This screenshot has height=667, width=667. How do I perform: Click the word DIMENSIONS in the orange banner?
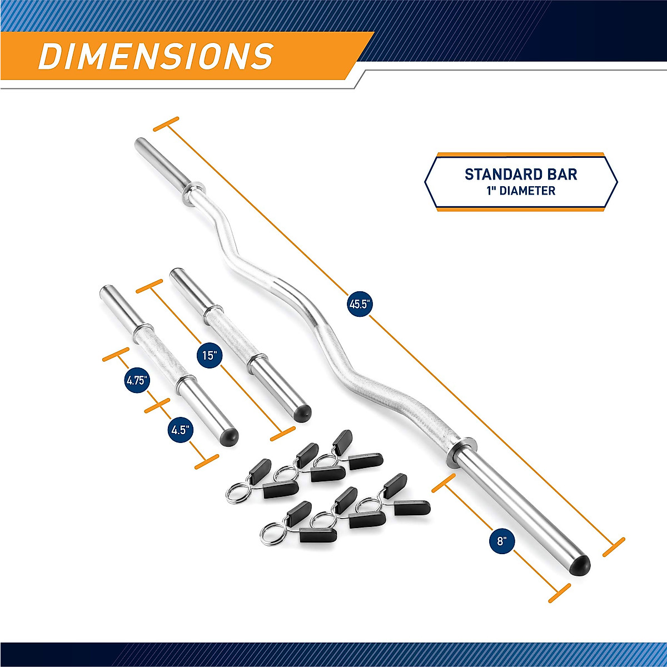156,56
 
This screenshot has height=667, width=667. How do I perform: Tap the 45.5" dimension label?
359,304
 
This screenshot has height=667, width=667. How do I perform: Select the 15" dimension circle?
208,355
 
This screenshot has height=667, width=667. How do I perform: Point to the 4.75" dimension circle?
136,381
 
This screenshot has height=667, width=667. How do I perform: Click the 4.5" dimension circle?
181,430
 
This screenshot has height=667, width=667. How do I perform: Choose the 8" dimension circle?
502,541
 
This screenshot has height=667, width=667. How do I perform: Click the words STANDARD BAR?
521,175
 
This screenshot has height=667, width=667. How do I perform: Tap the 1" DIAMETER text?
521,191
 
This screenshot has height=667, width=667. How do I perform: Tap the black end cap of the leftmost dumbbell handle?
230,436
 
